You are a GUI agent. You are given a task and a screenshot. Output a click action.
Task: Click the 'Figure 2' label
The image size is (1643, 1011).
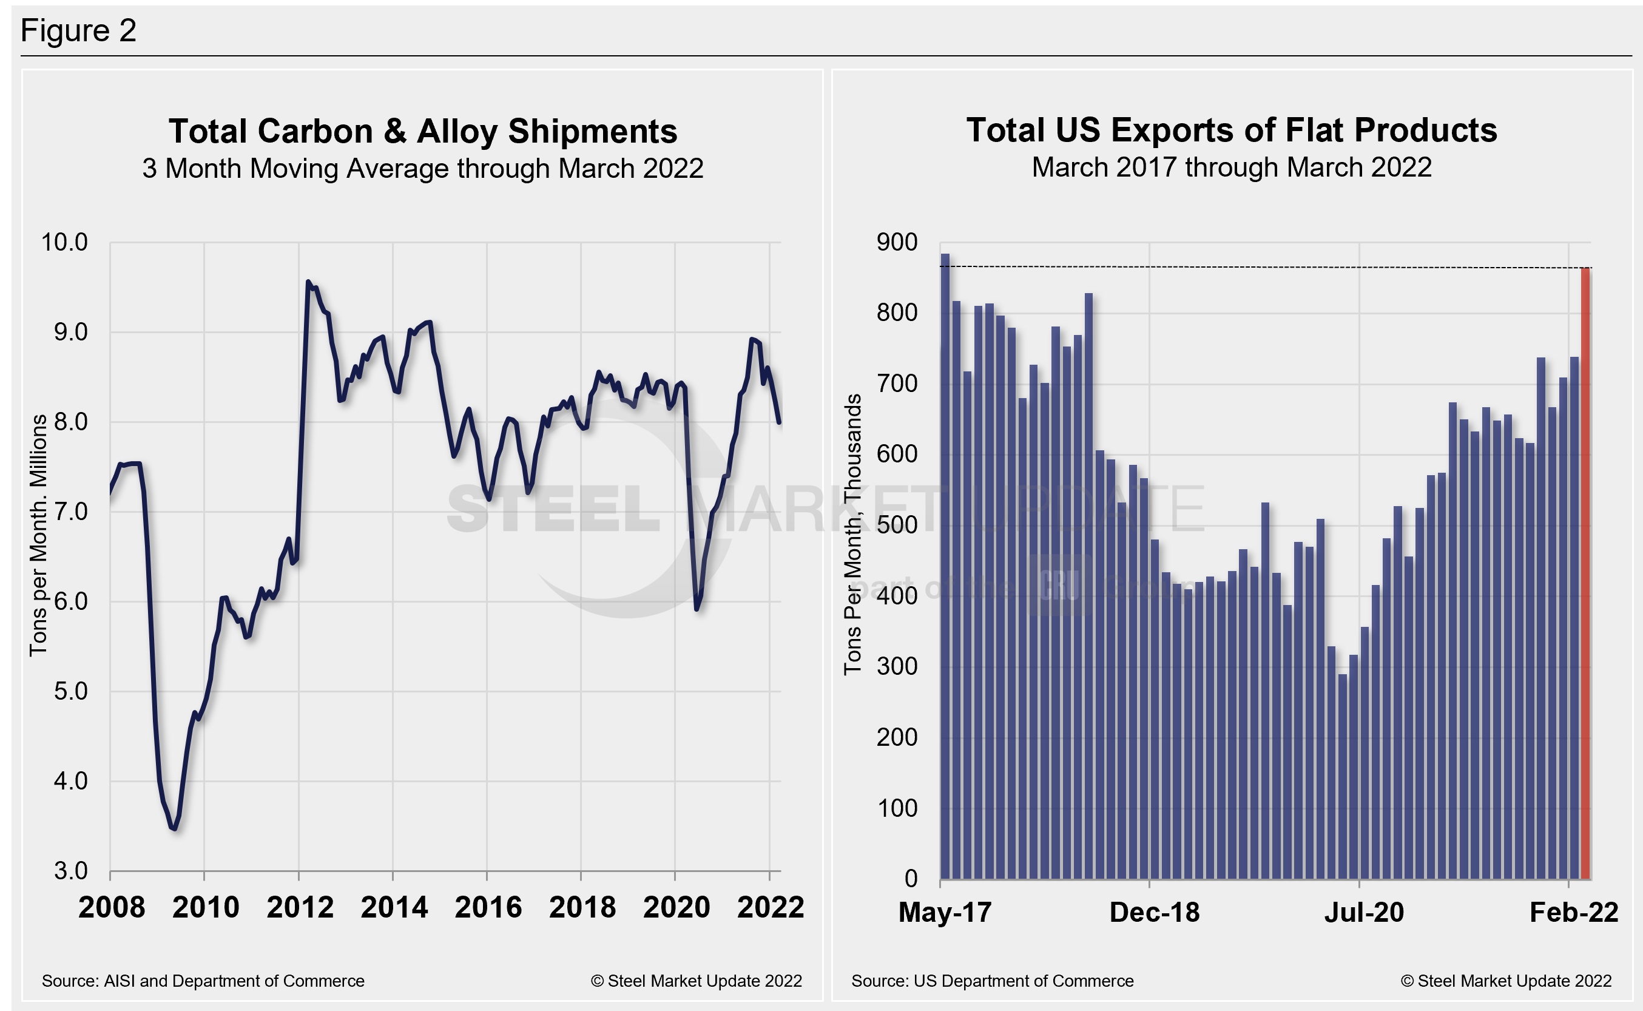79,31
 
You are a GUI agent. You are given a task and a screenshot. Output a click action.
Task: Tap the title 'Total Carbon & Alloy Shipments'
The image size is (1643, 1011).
422,131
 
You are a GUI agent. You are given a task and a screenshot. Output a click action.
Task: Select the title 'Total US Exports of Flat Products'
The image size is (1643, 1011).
1231,130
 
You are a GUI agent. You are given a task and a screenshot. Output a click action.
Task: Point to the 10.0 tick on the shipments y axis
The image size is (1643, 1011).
65,242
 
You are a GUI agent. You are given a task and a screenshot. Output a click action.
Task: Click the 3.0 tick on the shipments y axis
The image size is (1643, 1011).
70,871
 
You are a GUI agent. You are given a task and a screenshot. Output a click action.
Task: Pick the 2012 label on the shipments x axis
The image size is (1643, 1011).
300,907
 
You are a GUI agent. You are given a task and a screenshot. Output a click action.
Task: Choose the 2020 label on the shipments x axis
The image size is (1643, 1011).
676,907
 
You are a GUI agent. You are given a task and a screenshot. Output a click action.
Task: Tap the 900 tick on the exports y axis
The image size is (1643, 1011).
897,242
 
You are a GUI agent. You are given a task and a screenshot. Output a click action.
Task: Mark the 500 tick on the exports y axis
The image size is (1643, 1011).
897,525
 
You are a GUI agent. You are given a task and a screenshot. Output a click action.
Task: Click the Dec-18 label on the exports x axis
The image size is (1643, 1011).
1155,913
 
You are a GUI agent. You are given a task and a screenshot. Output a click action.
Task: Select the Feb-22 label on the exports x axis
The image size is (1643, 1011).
1573,913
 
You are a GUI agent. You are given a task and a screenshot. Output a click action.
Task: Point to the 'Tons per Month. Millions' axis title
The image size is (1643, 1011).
38,535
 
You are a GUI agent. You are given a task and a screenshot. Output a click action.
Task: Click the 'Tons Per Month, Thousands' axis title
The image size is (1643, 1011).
852,534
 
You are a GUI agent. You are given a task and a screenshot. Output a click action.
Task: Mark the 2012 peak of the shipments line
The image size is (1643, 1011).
308,282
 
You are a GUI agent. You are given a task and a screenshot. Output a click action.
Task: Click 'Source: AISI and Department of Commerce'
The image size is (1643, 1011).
203,981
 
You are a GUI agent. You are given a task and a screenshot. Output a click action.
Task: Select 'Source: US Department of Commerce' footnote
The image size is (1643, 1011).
992,981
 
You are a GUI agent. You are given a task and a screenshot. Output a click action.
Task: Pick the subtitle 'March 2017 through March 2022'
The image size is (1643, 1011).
1231,167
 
